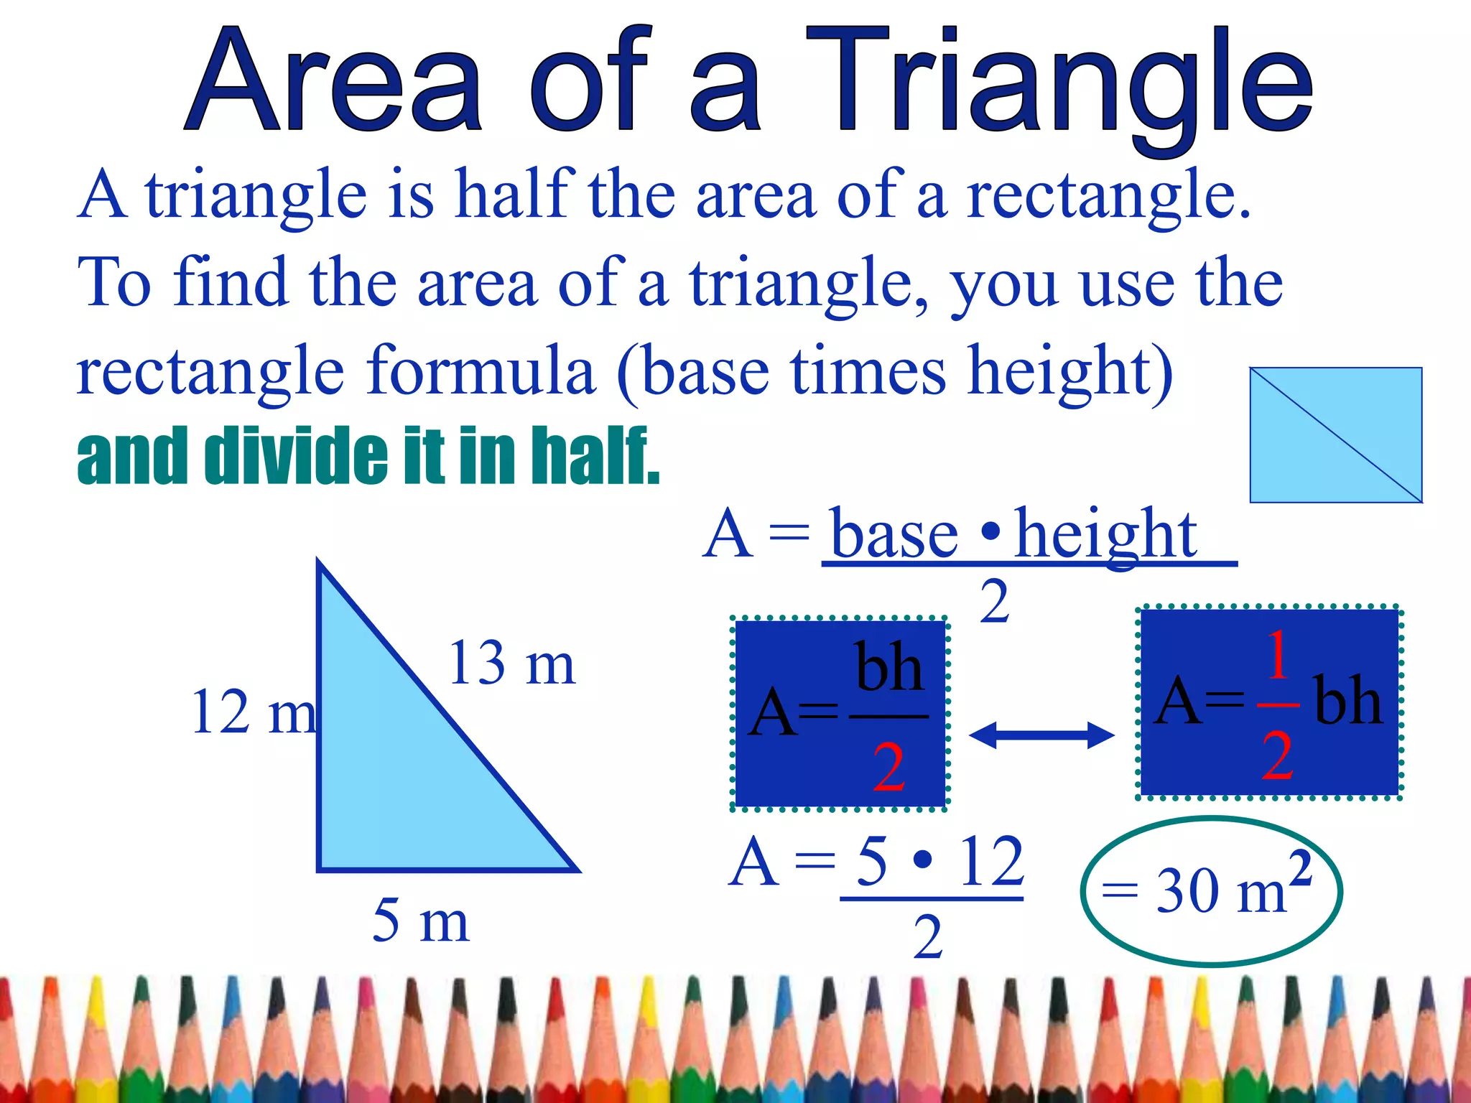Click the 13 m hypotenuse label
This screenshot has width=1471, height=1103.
(511, 664)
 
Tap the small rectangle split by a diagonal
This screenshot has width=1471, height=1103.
(1336, 435)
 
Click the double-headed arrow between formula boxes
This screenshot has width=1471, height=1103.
(1041, 735)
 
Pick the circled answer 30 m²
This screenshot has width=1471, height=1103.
(1211, 890)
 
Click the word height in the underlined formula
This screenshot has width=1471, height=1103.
(1106, 534)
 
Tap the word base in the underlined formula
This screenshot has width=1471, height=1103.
(895, 536)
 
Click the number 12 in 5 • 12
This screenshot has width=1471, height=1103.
(991, 862)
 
